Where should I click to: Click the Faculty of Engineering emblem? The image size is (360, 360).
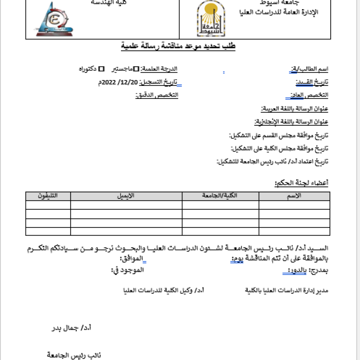click(53, 20)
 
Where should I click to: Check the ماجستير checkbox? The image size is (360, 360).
click(136, 69)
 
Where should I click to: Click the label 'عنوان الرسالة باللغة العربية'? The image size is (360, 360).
click(295, 109)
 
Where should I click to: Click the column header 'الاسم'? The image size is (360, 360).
click(294, 196)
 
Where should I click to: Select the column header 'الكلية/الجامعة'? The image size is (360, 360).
click(220, 196)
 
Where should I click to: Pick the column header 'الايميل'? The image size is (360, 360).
click(126, 196)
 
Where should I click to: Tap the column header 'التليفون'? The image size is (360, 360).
click(48, 196)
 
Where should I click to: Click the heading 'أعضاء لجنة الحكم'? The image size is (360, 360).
click(302, 183)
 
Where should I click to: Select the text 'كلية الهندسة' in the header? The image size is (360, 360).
click(106, 2)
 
